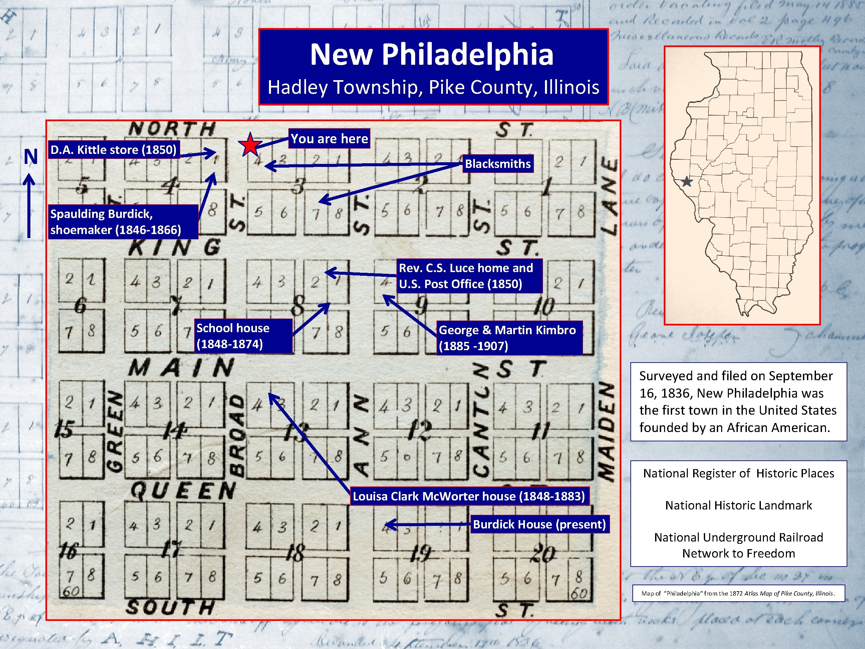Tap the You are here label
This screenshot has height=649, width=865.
pos(329,139)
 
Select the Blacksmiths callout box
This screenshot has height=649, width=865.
pos(498,164)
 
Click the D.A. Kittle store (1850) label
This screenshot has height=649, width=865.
pos(113,150)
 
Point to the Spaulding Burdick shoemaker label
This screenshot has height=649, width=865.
pos(116,221)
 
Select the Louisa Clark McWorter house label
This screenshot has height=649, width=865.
pos(469,496)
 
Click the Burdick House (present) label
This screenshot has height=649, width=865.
pos(539,524)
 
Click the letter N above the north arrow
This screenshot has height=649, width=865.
pos(30,157)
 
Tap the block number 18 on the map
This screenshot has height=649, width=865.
pos(295,553)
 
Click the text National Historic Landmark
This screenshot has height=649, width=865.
pos(738,505)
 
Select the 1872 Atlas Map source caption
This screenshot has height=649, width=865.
pos(738,593)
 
